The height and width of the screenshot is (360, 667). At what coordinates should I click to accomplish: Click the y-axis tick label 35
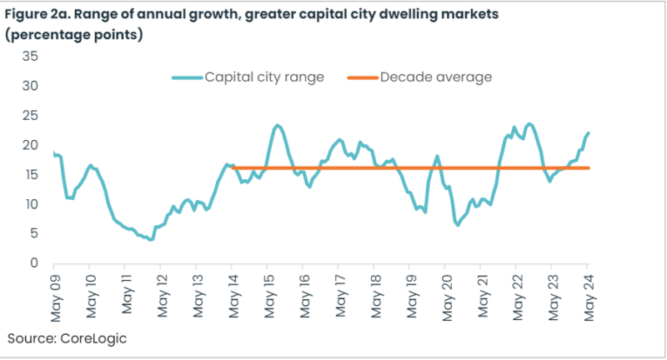[31, 56]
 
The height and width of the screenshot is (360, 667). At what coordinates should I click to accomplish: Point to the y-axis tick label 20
[31, 144]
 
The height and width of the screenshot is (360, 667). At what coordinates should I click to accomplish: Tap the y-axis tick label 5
[35, 233]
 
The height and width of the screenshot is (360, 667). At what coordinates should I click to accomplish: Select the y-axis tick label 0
[35, 263]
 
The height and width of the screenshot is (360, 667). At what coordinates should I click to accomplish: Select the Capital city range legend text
[264, 77]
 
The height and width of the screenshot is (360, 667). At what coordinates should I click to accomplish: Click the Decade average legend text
[435, 77]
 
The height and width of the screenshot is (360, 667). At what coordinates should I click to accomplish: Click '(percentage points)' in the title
[78, 34]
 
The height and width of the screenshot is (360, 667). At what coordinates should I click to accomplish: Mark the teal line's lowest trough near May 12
[150, 239]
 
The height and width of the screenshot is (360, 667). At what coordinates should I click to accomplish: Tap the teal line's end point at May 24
[589, 133]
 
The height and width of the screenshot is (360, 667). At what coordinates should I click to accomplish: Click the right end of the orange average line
[589, 168]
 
